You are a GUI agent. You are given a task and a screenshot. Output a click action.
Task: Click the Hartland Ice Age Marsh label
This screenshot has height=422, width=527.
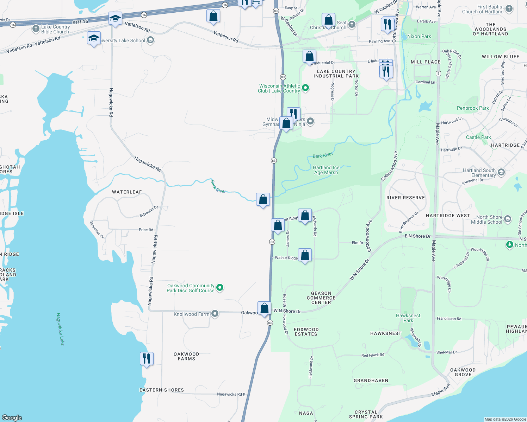(326, 170)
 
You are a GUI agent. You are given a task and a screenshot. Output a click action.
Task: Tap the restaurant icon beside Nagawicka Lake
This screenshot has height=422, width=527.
(147, 359)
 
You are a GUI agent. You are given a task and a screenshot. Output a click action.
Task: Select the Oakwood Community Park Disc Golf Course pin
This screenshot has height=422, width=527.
(220, 288)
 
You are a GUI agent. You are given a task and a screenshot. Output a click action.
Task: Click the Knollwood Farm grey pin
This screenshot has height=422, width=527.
(215, 314)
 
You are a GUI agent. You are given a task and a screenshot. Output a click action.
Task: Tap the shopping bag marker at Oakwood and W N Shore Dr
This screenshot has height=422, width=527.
(264, 308)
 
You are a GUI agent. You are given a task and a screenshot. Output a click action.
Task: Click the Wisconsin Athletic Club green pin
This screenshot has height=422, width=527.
(305, 88)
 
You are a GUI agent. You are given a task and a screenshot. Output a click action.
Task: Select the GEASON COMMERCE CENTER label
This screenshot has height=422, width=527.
(321, 298)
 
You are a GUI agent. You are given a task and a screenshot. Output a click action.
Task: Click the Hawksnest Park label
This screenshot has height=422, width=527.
(408, 318)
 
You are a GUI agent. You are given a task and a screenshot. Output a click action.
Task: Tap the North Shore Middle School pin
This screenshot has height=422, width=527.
(508, 219)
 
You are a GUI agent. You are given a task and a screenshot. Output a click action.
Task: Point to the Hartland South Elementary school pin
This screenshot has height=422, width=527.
(501, 172)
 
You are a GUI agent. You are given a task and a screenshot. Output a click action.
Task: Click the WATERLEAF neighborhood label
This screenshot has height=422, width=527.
(127, 192)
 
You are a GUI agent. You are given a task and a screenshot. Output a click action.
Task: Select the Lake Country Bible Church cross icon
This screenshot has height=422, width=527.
(36, 29)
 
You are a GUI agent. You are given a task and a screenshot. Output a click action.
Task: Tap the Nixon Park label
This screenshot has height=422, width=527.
(419, 36)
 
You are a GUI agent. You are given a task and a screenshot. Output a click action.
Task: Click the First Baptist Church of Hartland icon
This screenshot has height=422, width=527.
(509, 9)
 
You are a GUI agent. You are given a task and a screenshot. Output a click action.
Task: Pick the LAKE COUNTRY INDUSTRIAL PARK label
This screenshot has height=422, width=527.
(336, 73)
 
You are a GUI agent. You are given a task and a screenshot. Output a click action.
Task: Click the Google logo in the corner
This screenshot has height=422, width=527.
(12, 417)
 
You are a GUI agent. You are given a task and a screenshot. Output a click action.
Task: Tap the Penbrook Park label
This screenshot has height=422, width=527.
(473, 108)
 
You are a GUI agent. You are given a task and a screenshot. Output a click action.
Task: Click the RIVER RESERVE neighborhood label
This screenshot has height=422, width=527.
(405, 198)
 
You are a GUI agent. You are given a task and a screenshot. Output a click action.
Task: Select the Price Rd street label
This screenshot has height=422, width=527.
(146, 230)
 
